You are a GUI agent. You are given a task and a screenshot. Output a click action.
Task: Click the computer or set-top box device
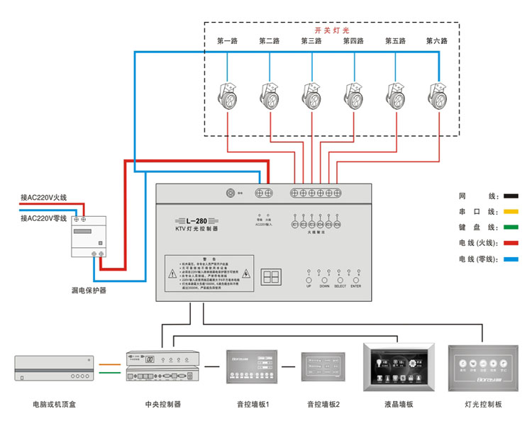coord(55,370)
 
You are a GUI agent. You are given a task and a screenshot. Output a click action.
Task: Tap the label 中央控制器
coord(162,405)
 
